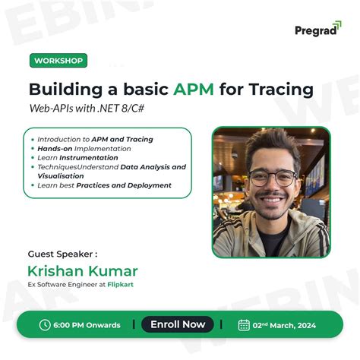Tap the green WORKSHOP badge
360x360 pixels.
[58, 61]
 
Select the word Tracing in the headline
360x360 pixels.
[277, 89]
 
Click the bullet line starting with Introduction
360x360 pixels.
[95, 139]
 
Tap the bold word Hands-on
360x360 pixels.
[55, 149]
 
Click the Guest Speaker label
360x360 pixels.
[62, 254]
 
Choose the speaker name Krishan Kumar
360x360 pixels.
[82, 271]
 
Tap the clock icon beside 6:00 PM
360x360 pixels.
[45, 325]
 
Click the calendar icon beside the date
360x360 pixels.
[244, 325]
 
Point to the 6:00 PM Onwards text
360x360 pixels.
[87, 325]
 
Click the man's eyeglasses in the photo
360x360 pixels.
[273, 178]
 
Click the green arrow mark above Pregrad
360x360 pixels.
[335, 24]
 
